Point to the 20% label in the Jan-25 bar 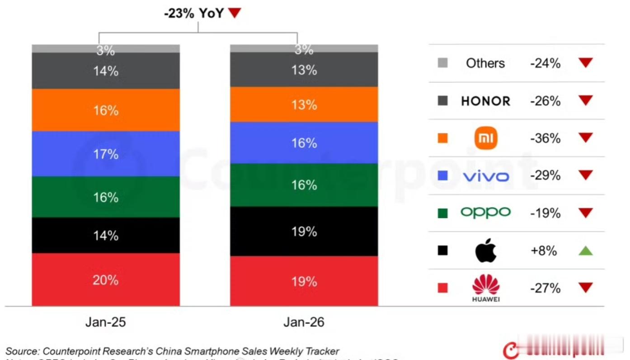106,280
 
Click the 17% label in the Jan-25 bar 106,154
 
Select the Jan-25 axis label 105,322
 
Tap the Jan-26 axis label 304,322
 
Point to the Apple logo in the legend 486,251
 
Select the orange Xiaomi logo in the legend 486,138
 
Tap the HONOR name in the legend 485,101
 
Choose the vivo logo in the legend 486,176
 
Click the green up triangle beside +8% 585,251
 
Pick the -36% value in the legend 545,138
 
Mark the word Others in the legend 485,63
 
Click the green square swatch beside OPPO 443,213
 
